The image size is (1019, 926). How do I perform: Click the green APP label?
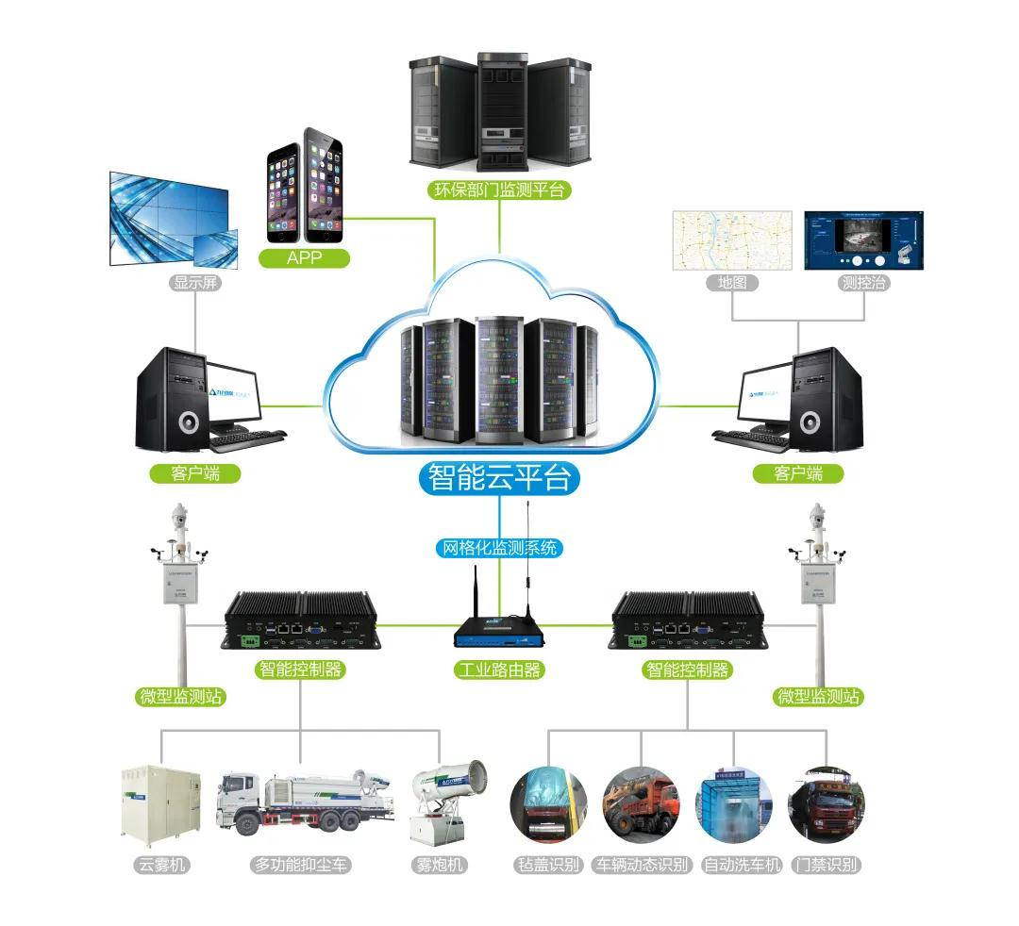pos(304,257)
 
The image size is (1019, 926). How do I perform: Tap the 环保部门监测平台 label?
pos(499,190)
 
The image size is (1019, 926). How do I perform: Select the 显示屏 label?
pos(196,282)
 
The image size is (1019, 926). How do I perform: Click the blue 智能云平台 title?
pos(498,477)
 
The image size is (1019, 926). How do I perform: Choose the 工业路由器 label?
pos(499,670)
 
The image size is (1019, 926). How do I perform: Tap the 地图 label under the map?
pos(731,282)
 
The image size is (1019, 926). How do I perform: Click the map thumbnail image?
pos(731,240)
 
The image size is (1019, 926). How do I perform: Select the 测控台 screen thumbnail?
pos(862,240)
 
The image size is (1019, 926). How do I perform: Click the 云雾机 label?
pos(160,865)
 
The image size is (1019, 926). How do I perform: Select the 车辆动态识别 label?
pos(642,865)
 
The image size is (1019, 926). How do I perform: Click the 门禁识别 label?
pos(827,865)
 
